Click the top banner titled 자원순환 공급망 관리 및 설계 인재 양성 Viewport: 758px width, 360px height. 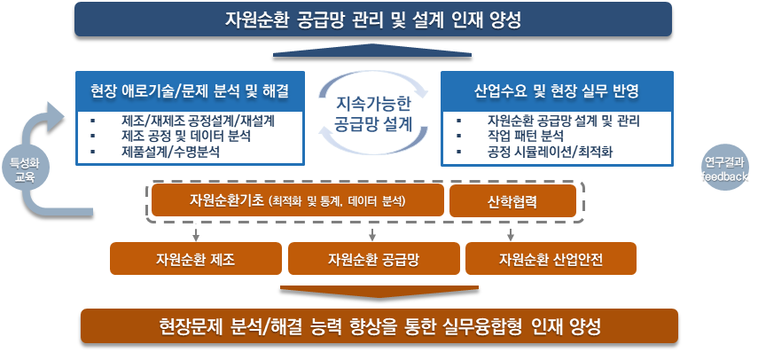click(x=373, y=19)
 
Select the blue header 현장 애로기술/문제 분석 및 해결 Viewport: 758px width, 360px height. click(x=190, y=90)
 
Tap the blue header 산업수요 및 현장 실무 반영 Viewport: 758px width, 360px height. click(x=557, y=90)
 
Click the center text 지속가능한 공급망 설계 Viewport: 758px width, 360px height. click(x=373, y=114)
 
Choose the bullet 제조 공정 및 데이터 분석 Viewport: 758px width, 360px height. click(x=185, y=137)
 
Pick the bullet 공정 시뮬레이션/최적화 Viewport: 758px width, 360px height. click(x=550, y=153)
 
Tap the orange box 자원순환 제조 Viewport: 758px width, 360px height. click(x=194, y=259)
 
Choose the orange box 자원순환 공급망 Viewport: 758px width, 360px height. click(x=372, y=259)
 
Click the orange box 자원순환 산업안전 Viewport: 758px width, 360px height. click(x=551, y=259)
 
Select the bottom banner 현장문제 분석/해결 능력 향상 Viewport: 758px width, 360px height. click(x=379, y=325)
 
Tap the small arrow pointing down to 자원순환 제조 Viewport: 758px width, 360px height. click(x=194, y=233)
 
